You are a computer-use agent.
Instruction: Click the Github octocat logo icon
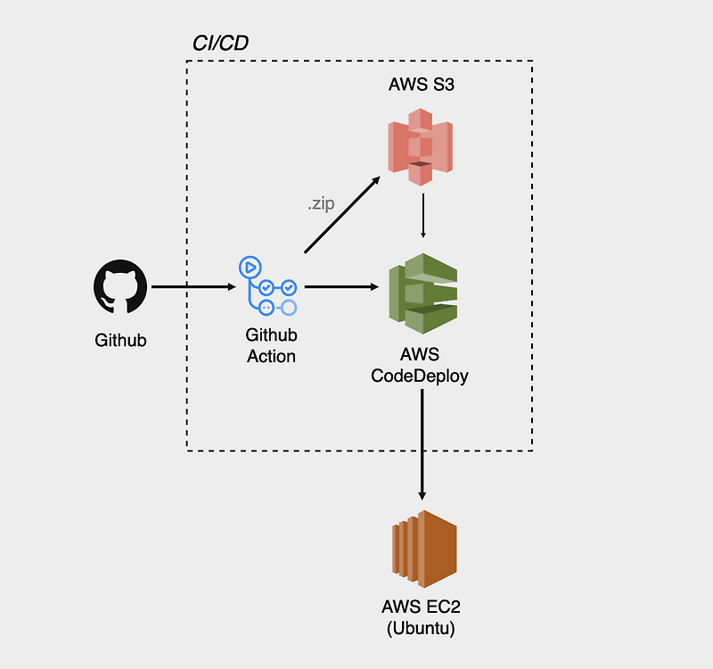click(x=120, y=287)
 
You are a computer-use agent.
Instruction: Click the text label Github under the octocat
click(x=120, y=340)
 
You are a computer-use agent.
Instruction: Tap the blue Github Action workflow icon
click(x=267, y=286)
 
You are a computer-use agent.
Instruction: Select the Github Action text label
click(x=271, y=345)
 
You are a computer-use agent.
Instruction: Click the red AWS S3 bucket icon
click(x=421, y=145)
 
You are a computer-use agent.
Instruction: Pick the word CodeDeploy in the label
click(x=420, y=376)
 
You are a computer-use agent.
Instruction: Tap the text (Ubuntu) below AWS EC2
click(x=421, y=628)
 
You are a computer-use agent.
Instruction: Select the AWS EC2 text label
click(x=421, y=607)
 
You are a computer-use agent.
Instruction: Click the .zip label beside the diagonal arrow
click(x=321, y=204)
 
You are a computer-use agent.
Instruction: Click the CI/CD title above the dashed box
click(x=220, y=43)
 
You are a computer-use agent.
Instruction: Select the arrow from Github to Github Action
click(x=192, y=287)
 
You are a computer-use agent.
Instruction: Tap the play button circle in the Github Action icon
click(x=249, y=266)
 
